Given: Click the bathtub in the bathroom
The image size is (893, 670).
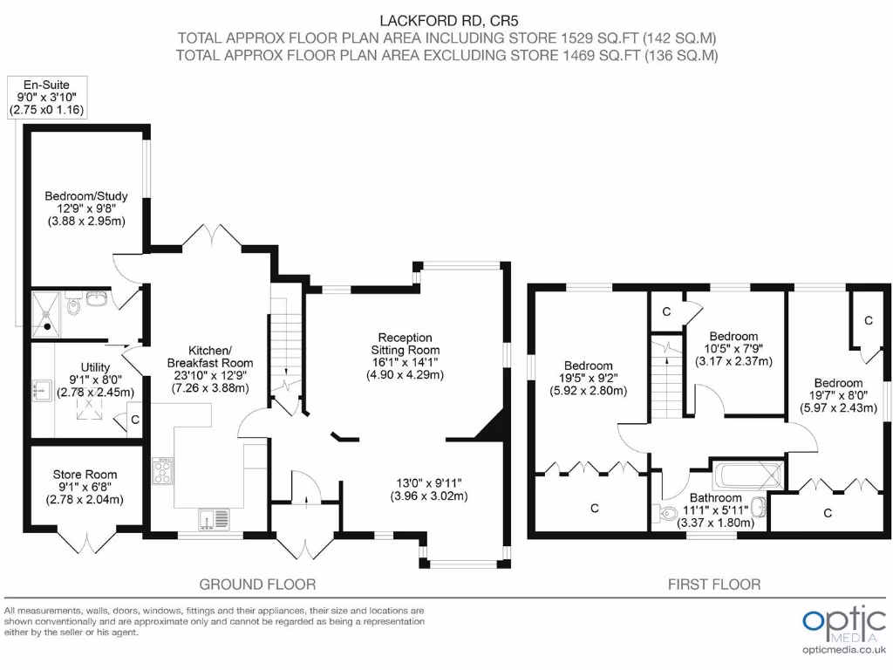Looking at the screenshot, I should click(x=746, y=476).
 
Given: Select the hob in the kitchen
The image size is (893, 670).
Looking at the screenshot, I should click(x=163, y=472).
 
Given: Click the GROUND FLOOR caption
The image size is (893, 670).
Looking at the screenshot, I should click(x=257, y=584).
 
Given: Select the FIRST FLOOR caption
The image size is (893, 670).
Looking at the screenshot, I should click(x=713, y=584).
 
